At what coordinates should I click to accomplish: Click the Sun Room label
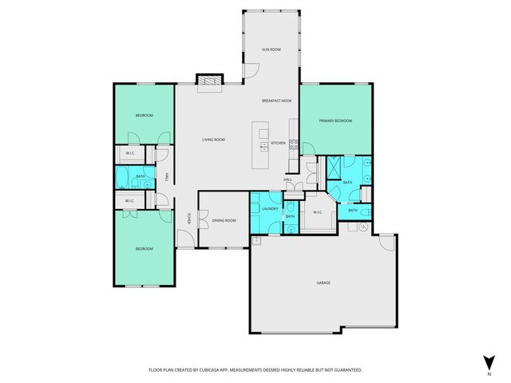tap(271, 49)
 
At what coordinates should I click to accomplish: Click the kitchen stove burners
tap(293, 144)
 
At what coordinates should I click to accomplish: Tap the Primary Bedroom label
tap(335, 120)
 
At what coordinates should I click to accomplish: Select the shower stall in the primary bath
tap(329, 169)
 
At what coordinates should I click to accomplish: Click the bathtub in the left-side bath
tap(125, 176)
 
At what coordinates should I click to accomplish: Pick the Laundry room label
tap(269, 208)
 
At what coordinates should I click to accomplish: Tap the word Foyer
tap(188, 218)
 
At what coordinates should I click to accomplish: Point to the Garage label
tap(323, 282)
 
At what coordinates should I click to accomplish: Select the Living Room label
tap(213, 140)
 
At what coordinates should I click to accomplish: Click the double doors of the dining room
tap(202, 220)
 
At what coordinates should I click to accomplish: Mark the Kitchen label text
tap(278, 143)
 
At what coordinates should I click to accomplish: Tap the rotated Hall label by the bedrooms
tap(166, 177)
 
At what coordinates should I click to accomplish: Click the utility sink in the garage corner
tap(257, 239)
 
